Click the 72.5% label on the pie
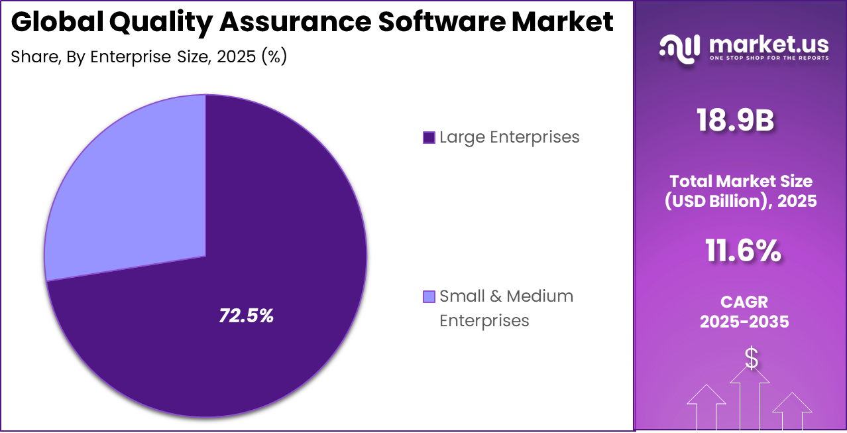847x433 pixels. click(x=246, y=316)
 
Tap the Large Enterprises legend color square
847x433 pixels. click(x=429, y=138)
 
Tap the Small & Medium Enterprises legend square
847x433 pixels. click(x=429, y=296)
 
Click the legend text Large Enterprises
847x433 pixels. click(x=509, y=137)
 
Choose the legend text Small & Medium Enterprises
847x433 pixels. click(x=506, y=308)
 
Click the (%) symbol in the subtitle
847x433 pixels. click(x=274, y=57)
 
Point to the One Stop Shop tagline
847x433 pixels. click(x=769, y=58)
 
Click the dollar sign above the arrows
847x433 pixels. click(x=751, y=359)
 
